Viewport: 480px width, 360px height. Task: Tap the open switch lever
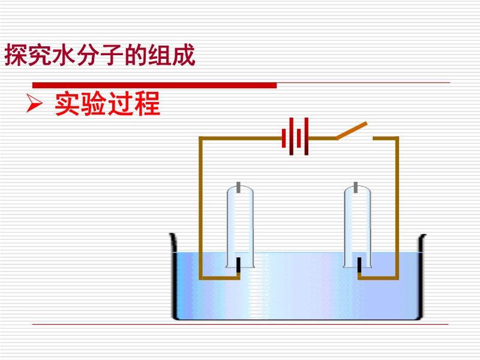click(x=352, y=131)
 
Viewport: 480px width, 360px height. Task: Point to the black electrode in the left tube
click(x=239, y=266)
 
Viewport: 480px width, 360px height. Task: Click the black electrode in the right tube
click(x=359, y=266)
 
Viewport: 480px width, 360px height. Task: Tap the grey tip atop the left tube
click(x=239, y=187)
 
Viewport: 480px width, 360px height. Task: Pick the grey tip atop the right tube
click(x=358, y=187)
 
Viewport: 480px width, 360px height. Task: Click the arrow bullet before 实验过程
click(x=34, y=106)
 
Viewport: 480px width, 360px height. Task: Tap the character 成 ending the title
click(x=185, y=56)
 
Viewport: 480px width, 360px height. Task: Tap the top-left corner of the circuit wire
click(x=201, y=139)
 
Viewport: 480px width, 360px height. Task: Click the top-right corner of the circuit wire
click(x=397, y=139)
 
